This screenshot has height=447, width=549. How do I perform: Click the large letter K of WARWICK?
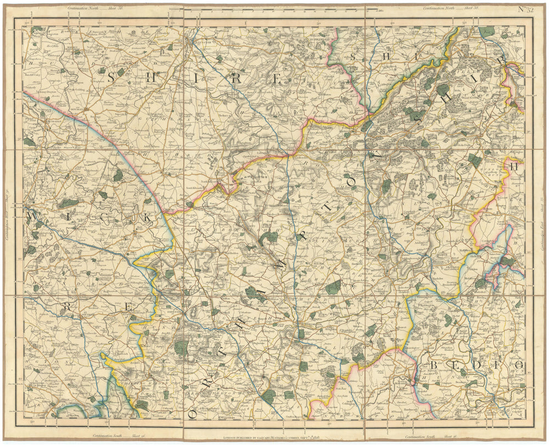[147, 218]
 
